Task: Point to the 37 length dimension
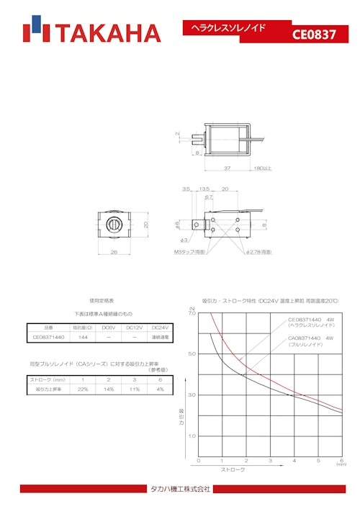tap(227, 168)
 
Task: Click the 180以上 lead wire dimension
tap(262, 168)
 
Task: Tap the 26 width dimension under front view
tap(114, 252)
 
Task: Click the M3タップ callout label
tap(189, 252)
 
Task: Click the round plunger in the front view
tap(114, 224)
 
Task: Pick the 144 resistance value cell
tap(83, 337)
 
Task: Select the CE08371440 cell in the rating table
tap(48, 337)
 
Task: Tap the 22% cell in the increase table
tap(83, 389)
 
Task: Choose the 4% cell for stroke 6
tap(160, 389)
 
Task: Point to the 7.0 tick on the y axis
tap(192, 314)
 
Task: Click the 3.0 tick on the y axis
tap(192, 395)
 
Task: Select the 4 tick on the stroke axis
tap(294, 461)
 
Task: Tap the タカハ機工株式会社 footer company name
tap(180, 490)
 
